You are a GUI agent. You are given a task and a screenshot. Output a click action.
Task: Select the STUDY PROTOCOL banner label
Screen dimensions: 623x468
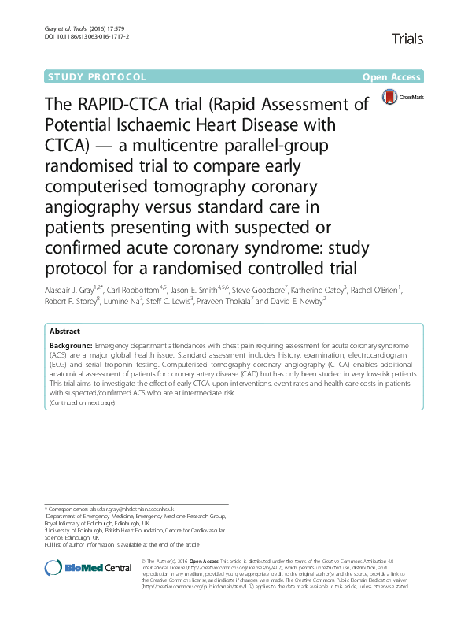98,77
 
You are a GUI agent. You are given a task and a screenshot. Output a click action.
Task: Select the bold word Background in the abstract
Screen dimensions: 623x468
70,346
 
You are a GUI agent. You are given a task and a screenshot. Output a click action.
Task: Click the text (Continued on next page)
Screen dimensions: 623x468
82,402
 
